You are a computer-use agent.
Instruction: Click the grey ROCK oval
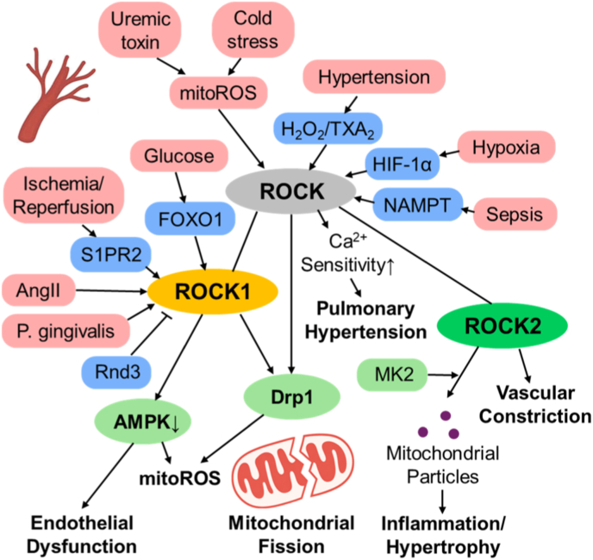[290, 191]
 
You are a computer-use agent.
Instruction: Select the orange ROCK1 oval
[213, 291]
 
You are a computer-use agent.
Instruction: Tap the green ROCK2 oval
[502, 326]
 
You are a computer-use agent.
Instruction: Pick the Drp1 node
[292, 397]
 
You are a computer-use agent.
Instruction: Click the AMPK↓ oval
[142, 421]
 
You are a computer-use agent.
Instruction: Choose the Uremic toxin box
[140, 30]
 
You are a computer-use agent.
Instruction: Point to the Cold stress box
[253, 30]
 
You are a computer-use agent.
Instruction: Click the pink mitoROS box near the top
[218, 93]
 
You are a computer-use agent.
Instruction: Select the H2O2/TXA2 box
[328, 128]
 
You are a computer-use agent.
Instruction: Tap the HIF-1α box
[402, 164]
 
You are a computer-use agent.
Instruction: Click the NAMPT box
[417, 204]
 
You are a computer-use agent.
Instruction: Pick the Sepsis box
[515, 214]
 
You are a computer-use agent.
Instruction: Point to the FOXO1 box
[190, 219]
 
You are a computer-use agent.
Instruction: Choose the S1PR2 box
[111, 254]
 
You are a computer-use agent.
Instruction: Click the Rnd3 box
[117, 372]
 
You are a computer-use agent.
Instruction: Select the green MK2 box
[392, 375]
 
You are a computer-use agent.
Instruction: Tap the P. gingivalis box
[66, 331]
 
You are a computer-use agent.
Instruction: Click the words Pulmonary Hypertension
[365, 320]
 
